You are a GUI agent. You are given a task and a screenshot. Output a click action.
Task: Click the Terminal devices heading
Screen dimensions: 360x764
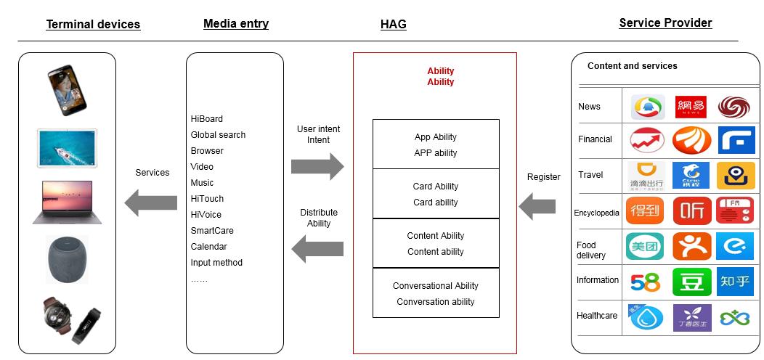[93, 25]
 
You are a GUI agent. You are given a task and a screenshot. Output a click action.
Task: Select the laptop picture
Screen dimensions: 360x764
[67, 201]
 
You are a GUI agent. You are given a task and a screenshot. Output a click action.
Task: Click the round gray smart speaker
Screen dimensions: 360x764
[67, 258]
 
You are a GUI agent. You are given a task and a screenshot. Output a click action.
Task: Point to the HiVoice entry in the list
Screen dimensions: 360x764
[206, 215]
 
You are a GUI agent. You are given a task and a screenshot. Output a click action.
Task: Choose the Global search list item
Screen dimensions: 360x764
[218, 135]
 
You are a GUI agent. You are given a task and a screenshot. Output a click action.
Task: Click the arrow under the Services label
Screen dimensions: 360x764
[151, 201]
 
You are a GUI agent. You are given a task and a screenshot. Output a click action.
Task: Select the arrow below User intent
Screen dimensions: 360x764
[317, 166]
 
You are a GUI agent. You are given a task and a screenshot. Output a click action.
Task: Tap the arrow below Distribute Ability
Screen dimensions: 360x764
[317, 250]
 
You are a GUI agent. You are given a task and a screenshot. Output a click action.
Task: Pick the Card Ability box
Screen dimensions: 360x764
[436, 194]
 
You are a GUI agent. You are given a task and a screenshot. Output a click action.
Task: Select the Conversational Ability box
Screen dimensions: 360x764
[436, 293]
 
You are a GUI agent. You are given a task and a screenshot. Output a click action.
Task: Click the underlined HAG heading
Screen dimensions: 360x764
[393, 25]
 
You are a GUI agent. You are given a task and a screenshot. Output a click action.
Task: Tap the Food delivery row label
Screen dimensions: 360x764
[591, 250]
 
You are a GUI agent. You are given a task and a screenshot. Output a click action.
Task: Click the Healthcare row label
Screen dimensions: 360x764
[597, 316]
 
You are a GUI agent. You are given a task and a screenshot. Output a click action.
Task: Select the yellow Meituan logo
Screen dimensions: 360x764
[646, 246]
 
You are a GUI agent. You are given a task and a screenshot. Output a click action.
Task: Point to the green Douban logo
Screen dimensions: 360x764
[691, 282]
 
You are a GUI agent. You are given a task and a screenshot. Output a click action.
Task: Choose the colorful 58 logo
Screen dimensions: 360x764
[646, 282]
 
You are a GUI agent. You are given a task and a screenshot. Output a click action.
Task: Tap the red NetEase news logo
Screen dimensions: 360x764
[691, 107]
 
